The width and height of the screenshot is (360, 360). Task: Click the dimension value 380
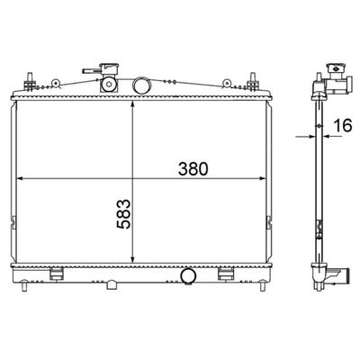pos(193,169)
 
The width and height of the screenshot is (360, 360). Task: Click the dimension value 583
pos(123,214)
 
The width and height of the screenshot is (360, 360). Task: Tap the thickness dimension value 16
pos(343,125)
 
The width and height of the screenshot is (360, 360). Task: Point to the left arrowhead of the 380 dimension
pos(20,178)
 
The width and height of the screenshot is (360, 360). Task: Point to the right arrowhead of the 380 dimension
pos(263,178)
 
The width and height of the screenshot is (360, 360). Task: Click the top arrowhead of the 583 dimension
pos(132,104)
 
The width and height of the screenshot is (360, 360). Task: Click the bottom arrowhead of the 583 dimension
pos(132,259)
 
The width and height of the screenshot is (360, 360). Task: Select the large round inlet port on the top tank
pos(141,85)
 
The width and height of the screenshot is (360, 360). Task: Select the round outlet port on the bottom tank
pos(188,275)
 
